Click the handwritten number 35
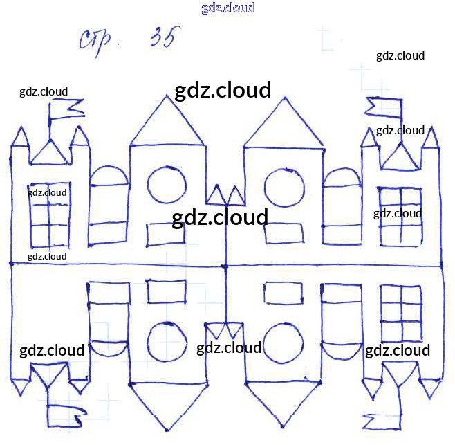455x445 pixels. (161, 39)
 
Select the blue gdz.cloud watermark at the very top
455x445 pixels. (228, 8)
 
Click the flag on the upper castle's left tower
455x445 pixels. (65, 109)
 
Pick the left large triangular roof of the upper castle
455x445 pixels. (167, 125)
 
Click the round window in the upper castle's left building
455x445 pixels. (166, 185)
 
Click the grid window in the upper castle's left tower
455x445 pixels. (48, 215)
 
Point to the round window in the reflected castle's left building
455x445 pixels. (166, 340)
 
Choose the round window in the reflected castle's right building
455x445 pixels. (284, 342)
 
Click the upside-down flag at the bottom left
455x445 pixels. (68, 416)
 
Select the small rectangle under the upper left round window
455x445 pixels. (165, 235)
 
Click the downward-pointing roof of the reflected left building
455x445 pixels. (167, 405)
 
